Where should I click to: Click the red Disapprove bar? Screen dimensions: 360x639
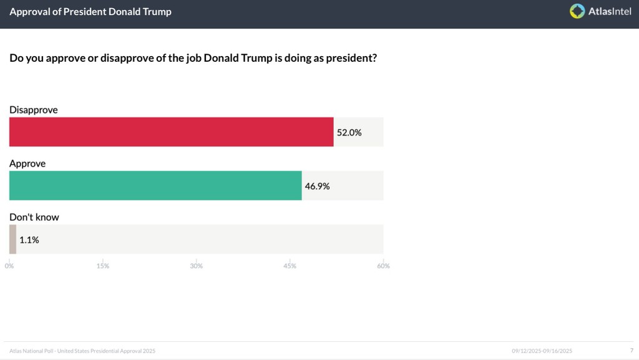[x=171, y=132]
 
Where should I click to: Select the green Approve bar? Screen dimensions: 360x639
[x=155, y=185]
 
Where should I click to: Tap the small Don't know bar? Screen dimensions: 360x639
[x=12, y=239]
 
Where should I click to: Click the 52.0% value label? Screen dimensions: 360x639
[x=349, y=132]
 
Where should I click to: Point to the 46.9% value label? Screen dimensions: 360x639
[x=317, y=186]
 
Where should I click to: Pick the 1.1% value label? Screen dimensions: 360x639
[x=29, y=240]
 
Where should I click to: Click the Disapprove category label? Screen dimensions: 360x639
[x=34, y=110]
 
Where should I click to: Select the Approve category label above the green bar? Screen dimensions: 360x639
[x=27, y=163]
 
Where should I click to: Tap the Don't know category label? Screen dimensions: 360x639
[x=34, y=217]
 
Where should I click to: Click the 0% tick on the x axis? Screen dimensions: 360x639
[x=9, y=266]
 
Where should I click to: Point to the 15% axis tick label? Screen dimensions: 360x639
[x=103, y=266]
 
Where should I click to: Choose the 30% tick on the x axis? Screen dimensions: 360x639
[x=197, y=266]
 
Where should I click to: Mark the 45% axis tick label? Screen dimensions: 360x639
[x=290, y=266]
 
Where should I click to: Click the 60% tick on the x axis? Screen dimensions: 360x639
[x=383, y=266]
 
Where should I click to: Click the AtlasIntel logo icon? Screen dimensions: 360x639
[x=577, y=11]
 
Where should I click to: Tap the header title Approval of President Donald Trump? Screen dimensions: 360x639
[x=90, y=12]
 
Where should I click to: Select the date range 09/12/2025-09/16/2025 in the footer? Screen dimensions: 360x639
[x=542, y=351]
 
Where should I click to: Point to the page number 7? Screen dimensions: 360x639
[x=632, y=351]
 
